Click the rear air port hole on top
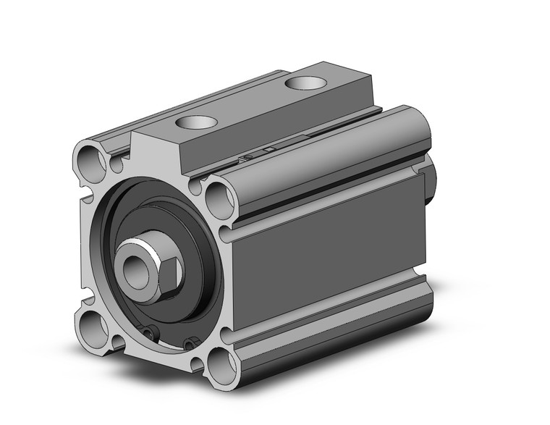(303, 83)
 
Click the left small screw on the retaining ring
(148, 332)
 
